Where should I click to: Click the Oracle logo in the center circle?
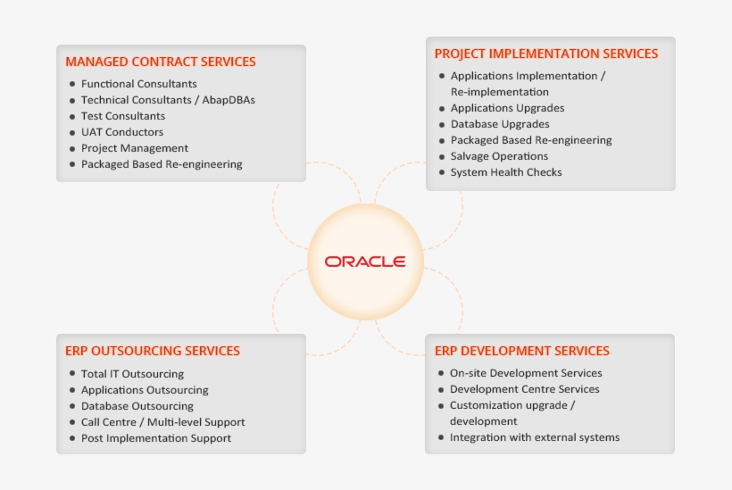tap(365, 262)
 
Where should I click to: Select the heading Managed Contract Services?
tap(161, 62)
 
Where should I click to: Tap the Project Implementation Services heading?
tap(546, 54)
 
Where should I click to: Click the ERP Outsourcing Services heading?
tap(153, 351)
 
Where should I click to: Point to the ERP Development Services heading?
tap(522, 351)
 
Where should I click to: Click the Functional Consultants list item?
tap(138, 84)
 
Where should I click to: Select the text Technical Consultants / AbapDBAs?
tap(168, 100)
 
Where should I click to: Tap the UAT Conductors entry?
tap(122, 132)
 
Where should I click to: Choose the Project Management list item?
tap(135, 148)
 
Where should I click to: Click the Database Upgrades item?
tap(500, 124)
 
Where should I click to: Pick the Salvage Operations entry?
tap(499, 156)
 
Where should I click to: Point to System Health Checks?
tap(506, 172)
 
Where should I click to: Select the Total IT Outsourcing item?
tap(132, 374)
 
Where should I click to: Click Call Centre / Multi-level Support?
tap(162, 422)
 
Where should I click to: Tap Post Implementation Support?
tap(156, 438)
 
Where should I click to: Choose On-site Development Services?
tap(526, 373)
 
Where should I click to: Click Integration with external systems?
tap(535, 437)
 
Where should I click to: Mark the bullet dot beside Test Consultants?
tap(71, 116)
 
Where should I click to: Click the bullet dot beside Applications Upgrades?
tap(441, 108)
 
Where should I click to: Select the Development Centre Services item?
tap(525, 389)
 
